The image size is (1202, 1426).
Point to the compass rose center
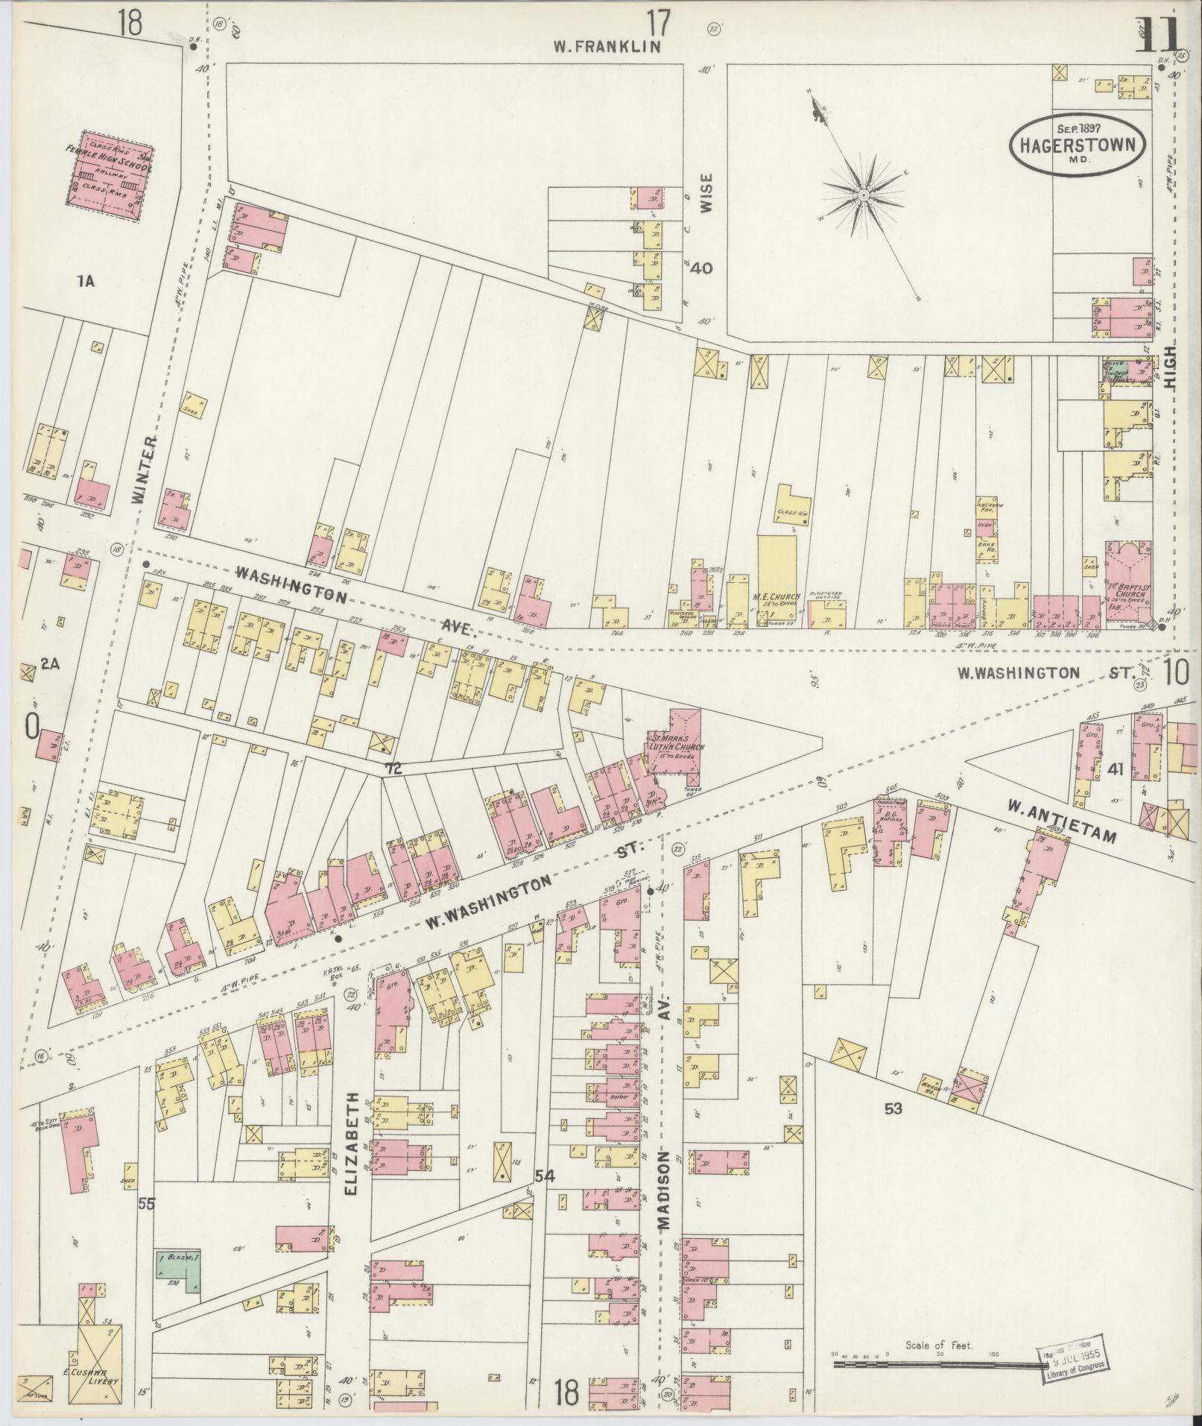coord(863,195)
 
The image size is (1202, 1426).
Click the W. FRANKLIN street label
coord(608,47)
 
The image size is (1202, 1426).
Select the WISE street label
coord(706,194)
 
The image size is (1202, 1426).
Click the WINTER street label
coord(146,470)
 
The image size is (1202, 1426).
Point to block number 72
coord(393,769)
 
